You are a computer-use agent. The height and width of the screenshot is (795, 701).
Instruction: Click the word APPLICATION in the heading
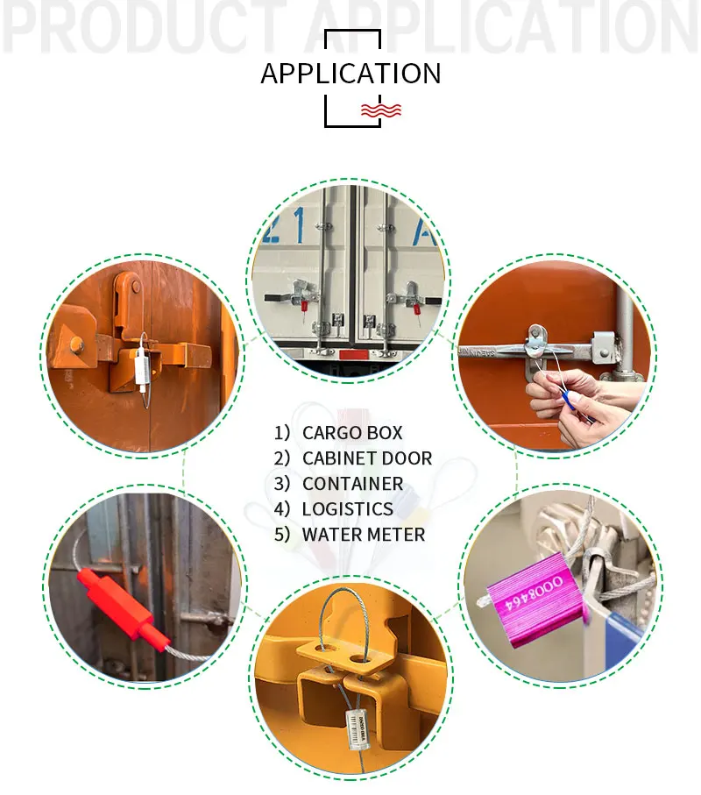point(350,74)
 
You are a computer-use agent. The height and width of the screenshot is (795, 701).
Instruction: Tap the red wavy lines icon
point(381,110)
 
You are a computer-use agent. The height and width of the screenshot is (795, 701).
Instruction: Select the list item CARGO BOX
point(352,432)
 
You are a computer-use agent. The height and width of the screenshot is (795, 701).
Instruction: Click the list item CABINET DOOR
point(366,458)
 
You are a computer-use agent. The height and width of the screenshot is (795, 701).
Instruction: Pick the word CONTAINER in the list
point(352,483)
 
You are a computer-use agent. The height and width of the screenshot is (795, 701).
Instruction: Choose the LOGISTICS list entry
point(347,508)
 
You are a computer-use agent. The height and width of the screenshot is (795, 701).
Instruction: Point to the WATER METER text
point(363,534)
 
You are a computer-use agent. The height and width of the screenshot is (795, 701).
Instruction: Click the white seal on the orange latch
point(144,367)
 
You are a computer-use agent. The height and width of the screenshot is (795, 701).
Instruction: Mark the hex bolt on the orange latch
point(77,343)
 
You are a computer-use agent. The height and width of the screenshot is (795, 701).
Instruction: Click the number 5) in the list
point(281,534)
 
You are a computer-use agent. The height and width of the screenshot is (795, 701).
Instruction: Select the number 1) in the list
point(281,432)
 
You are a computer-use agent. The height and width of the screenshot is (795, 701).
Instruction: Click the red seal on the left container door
point(303,308)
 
